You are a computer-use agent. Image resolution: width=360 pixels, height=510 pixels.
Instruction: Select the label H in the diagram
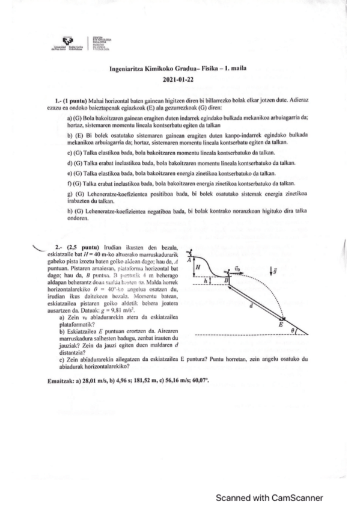click(198, 268)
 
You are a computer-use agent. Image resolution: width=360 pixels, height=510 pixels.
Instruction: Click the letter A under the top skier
click(189, 260)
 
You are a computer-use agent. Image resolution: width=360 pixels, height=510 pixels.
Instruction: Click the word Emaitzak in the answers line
click(61, 381)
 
